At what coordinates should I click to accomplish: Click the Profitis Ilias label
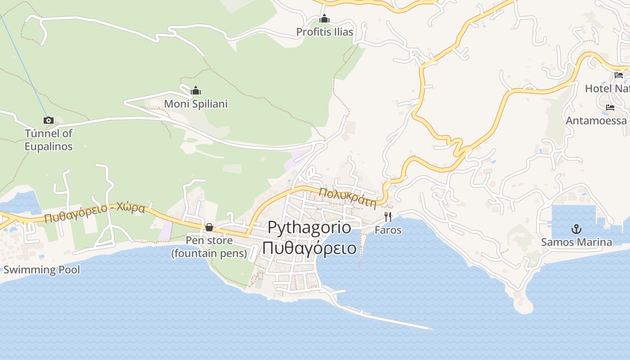(324, 32)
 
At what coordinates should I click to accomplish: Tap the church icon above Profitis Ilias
(324, 19)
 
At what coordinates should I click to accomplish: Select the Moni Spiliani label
(196, 104)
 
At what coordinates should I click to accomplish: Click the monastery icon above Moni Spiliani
(196, 91)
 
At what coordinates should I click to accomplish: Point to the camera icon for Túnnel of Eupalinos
(49, 120)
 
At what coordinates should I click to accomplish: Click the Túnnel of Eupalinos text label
(49, 140)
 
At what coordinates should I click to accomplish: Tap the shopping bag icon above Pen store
(209, 228)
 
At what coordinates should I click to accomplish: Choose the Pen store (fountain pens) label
(209, 247)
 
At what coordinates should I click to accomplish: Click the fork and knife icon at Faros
(388, 217)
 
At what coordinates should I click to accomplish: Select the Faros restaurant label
(388, 230)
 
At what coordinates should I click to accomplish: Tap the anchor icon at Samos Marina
(576, 229)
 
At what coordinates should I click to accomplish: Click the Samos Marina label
(576, 242)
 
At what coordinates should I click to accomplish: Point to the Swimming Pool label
(42, 270)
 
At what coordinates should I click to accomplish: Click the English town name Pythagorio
(309, 227)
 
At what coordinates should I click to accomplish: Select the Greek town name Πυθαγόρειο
(309, 248)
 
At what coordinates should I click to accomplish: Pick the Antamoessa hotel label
(596, 121)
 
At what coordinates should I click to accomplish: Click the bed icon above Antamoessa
(610, 108)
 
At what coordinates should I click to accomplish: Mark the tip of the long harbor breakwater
(430, 329)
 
